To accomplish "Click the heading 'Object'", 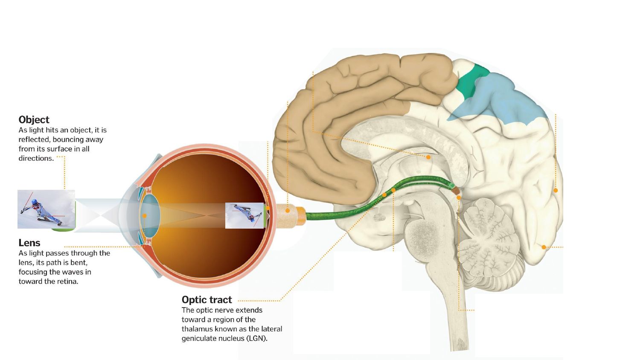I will pos(34,119).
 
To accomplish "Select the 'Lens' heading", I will pos(29,243).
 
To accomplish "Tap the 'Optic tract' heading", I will pos(207,299).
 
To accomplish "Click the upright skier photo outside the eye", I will pos(46,209).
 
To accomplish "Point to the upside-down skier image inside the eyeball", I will pos(244,215).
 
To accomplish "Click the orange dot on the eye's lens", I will pos(145,216).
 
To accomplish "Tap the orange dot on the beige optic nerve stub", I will pos(288,211).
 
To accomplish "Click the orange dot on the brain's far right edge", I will pos(556,190).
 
